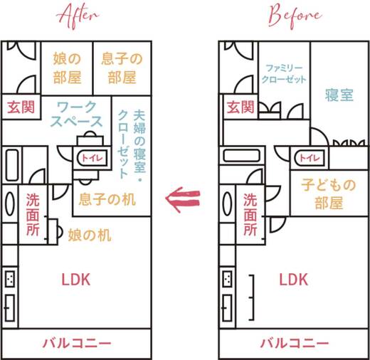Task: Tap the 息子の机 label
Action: (107, 199)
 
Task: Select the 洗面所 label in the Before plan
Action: (250, 213)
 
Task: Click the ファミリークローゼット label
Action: (285, 73)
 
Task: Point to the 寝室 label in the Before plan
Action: (339, 95)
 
